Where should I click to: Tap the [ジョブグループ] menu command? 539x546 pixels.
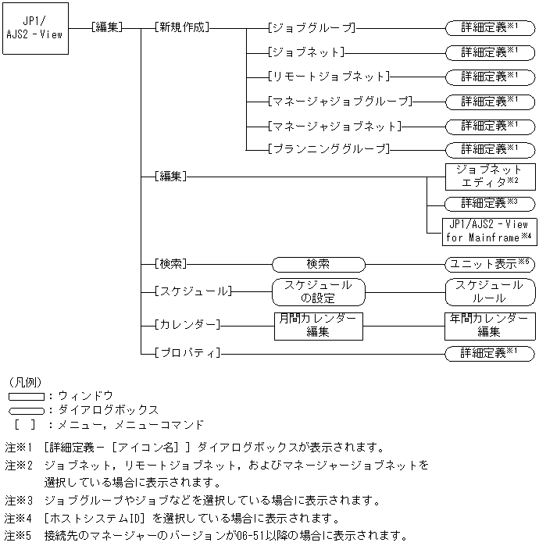pos(311,28)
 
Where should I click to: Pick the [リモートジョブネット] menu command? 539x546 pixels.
pos(327,77)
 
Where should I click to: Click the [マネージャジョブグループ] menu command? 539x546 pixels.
pos(339,101)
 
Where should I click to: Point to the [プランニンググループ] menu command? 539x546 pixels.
pos(327,149)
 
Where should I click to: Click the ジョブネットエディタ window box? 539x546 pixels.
pos(490,177)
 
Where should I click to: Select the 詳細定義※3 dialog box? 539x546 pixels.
pos(490,203)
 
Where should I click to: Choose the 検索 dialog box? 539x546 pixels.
pos(319,264)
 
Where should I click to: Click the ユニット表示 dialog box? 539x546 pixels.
pos(490,264)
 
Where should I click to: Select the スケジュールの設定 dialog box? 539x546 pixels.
pos(319,291)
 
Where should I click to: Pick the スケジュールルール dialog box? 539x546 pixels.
pos(490,291)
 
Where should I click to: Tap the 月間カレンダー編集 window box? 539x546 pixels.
pos(319,325)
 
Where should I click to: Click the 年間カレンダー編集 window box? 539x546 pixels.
pos(490,325)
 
